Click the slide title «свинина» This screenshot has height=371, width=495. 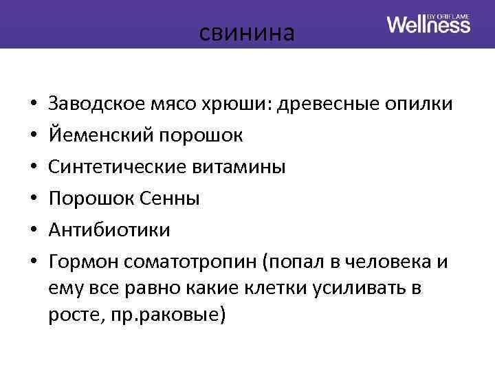point(247,32)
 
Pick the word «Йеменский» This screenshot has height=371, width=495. point(100,135)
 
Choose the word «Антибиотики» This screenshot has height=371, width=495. point(109,230)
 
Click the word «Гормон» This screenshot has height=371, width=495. point(82,262)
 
